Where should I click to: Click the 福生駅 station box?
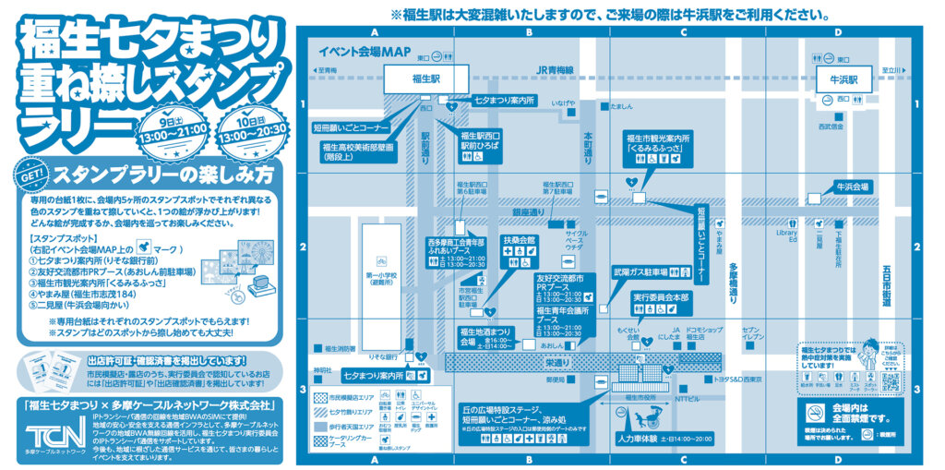tap(426, 80)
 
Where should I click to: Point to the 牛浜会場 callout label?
tap(852, 187)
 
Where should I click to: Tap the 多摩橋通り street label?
tap(733, 283)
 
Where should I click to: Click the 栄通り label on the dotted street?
tap(556, 365)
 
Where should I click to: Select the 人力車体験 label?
tap(645, 438)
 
